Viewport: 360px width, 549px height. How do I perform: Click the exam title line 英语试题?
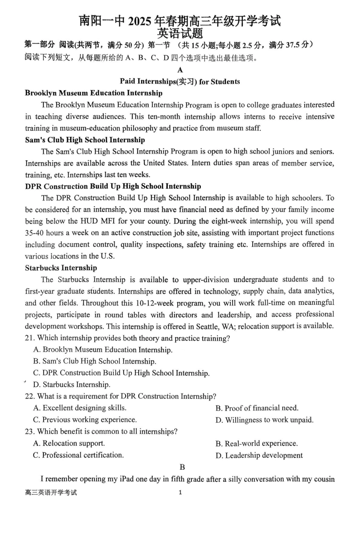pyautogui.click(x=180, y=33)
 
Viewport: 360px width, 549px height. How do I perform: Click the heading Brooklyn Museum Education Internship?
pyautogui.click(x=94, y=93)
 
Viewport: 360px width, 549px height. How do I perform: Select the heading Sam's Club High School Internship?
pyautogui.click(x=85, y=140)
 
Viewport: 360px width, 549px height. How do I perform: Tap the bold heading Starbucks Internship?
pyautogui.click(x=61, y=268)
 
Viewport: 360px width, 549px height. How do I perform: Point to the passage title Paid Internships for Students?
pyautogui.click(x=180, y=82)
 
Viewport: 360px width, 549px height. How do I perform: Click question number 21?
pyautogui.click(x=30, y=338)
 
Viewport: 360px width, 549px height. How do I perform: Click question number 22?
pyautogui.click(x=30, y=396)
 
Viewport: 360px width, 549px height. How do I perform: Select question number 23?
pyautogui.click(x=30, y=431)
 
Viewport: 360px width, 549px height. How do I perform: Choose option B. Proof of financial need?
pyautogui.click(x=257, y=408)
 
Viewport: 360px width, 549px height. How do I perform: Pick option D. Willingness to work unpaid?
pyautogui.click(x=265, y=420)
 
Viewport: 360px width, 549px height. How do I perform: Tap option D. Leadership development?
pyautogui.click(x=259, y=455)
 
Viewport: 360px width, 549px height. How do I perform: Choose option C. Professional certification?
pyautogui.click(x=78, y=455)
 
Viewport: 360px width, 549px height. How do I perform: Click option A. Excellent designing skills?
pyautogui.click(x=80, y=408)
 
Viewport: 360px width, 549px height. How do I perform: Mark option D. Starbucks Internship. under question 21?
pyautogui.click(x=72, y=384)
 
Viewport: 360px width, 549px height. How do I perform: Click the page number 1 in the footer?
pyautogui.click(x=180, y=493)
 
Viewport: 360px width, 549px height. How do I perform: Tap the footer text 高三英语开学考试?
pyautogui.click(x=51, y=493)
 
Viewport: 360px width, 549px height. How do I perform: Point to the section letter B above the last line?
pyautogui.click(x=182, y=467)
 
